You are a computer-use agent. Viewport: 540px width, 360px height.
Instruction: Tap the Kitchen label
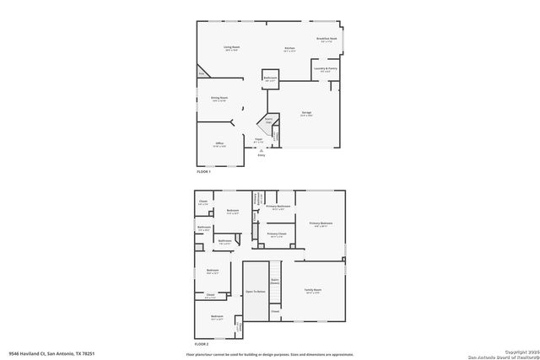(x=289, y=49)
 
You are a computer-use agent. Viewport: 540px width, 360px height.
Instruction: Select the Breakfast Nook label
(x=327, y=39)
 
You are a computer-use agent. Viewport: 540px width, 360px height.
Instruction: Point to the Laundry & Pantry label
(x=325, y=69)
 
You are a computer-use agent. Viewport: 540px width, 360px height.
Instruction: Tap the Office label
(x=219, y=144)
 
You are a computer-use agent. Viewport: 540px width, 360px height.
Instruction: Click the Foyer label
(x=258, y=140)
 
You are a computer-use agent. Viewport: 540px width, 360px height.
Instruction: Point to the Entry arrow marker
(x=260, y=151)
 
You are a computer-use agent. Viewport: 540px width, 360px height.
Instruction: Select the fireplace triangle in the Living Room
(x=202, y=73)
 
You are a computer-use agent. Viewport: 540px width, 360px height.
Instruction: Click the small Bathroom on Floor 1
(x=270, y=78)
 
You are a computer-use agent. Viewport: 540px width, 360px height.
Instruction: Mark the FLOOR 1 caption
(x=203, y=171)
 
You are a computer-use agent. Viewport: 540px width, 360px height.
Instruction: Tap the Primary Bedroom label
(x=321, y=223)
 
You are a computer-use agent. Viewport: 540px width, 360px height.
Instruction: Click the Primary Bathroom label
(x=278, y=207)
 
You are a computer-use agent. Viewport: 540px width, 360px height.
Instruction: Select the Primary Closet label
(x=277, y=234)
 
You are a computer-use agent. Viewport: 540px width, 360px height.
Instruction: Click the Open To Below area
(x=256, y=291)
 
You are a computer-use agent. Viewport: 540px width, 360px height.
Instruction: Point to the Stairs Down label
(x=275, y=282)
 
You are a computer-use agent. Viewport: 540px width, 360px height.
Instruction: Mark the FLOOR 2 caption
(x=201, y=345)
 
